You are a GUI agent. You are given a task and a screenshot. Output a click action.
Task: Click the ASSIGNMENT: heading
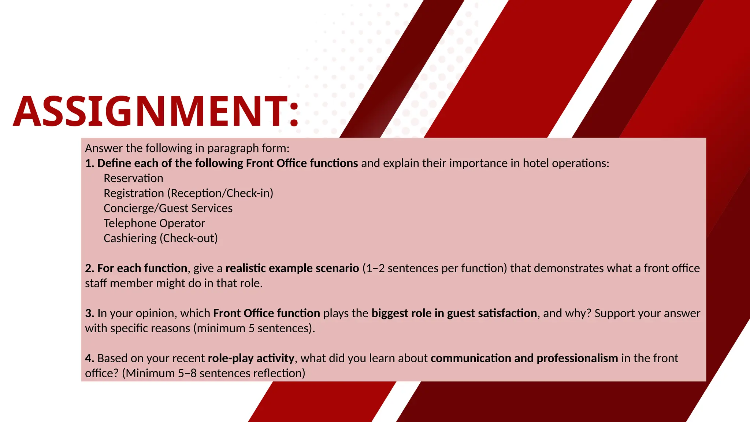(x=156, y=111)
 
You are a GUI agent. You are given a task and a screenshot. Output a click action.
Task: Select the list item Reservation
(x=133, y=178)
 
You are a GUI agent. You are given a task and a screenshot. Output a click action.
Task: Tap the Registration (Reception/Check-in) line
(x=188, y=193)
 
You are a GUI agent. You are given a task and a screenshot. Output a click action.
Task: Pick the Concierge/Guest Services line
(x=168, y=208)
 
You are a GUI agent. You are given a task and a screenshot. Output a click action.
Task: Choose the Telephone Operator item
(x=154, y=223)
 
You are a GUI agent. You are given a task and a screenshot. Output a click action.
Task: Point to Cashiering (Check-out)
(x=160, y=238)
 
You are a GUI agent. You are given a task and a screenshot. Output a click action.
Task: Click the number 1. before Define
(x=90, y=163)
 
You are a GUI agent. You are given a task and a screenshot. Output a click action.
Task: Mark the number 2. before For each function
(x=90, y=269)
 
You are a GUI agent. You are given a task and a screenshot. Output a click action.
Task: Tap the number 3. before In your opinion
(x=90, y=314)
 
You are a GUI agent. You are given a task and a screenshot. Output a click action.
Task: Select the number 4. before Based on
(x=90, y=358)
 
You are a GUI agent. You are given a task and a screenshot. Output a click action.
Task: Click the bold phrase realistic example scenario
(x=292, y=269)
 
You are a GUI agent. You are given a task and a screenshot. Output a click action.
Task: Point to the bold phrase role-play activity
(x=251, y=358)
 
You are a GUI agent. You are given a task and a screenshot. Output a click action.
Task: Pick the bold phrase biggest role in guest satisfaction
(x=454, y=314)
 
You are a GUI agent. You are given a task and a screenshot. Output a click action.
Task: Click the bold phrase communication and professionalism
(x=524, y=358)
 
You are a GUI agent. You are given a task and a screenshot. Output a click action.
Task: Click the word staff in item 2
(x=96, y=284)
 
